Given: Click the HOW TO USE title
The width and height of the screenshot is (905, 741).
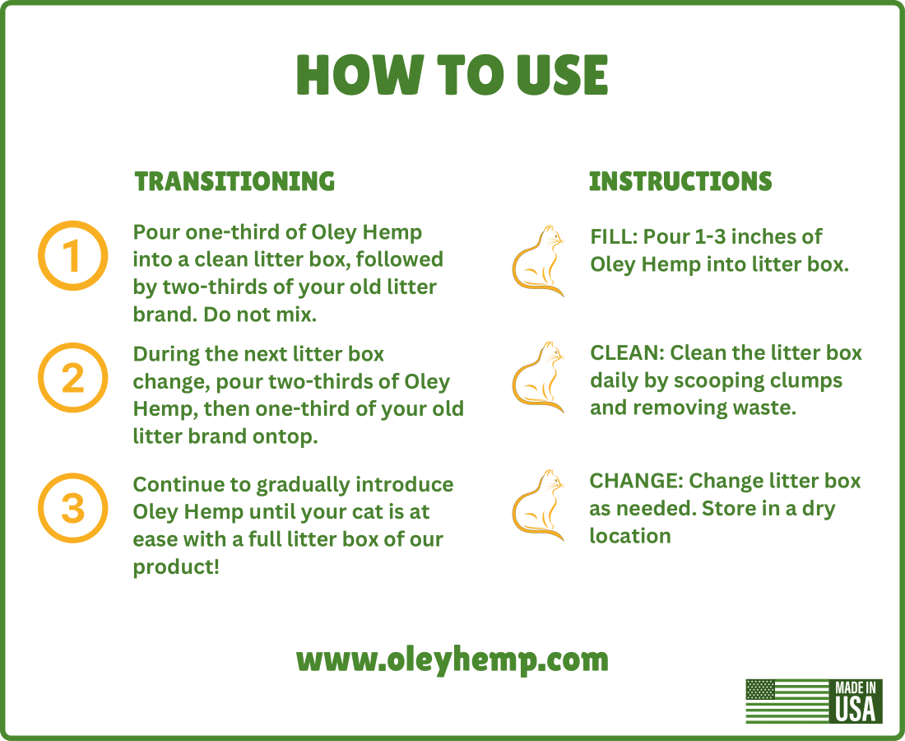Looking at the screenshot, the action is point(452,75).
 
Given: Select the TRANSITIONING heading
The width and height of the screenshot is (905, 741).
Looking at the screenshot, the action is point(234,181).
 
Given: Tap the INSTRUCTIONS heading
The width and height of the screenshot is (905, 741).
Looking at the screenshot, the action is point(680,181).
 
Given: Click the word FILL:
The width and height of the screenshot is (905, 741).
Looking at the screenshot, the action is point(614,237).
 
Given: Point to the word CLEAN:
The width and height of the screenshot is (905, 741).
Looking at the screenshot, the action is point(627,353).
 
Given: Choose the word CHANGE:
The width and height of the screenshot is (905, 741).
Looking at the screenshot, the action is point(636,481).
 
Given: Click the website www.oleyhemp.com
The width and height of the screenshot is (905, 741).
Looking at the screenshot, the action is point(452,659).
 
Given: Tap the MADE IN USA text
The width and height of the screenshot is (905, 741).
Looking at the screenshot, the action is point(856,701).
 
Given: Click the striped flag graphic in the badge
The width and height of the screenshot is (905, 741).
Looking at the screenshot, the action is point(788,701).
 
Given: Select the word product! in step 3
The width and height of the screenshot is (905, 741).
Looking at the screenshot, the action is point(176,567).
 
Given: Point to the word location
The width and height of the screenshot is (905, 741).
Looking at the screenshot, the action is point(629,536).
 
